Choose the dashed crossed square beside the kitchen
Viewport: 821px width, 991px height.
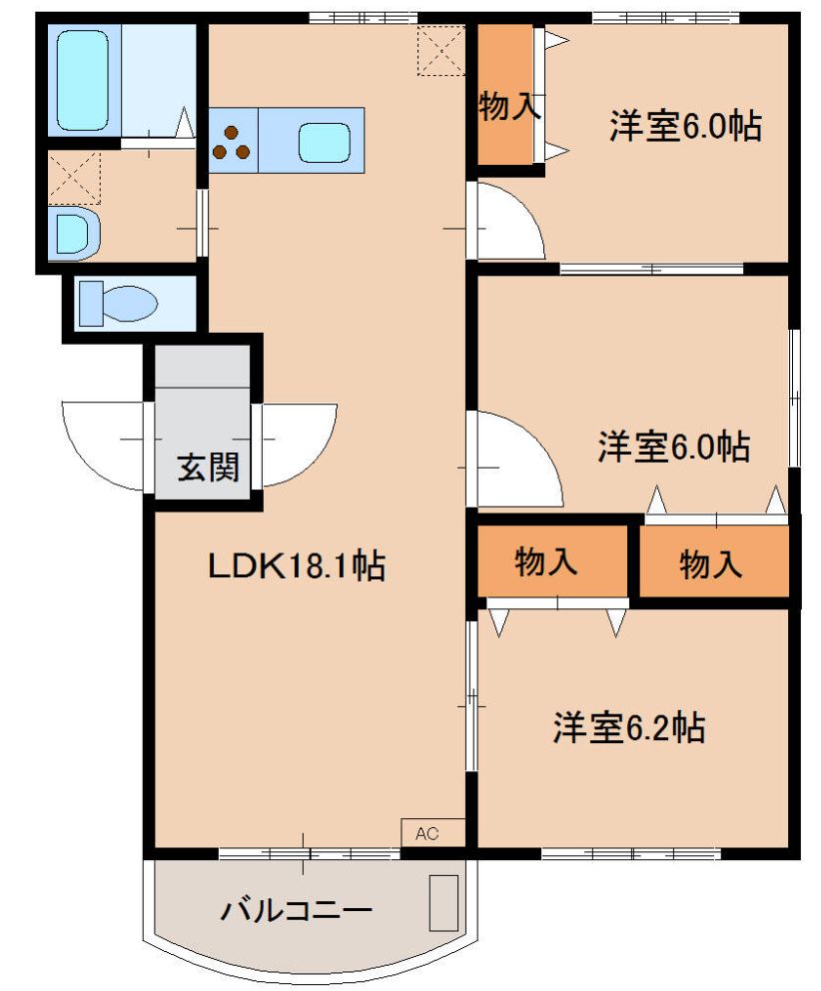tap(440, 50)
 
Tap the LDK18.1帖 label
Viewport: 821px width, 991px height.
tap(297, 567)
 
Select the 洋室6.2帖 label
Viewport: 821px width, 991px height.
tap(629, 727)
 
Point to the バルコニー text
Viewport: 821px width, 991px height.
tap(297, 910)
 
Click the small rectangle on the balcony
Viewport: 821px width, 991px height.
tap(443, 902)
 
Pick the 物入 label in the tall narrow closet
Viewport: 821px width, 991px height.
tap(507, 105)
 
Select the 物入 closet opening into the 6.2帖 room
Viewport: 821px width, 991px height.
tap(546, 562)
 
